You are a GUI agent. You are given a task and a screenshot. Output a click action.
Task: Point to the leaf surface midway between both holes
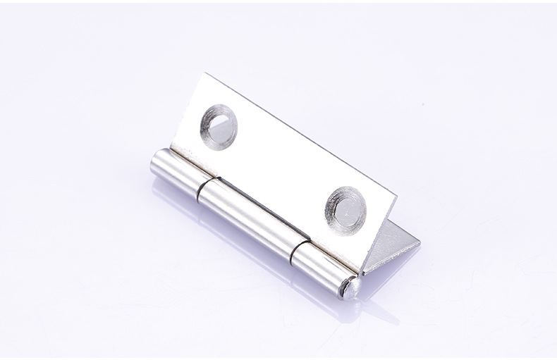[281, 162]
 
